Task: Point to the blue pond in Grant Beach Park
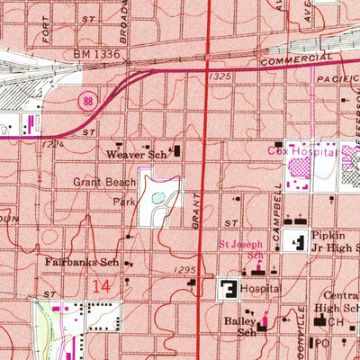click(158, 196)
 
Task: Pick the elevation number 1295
click(180, 270)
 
